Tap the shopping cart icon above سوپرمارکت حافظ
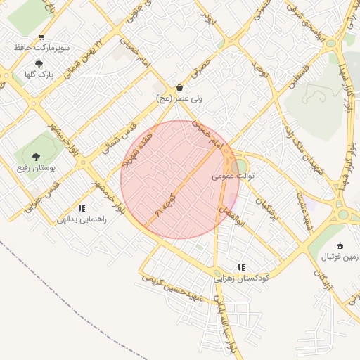tap(41, 37)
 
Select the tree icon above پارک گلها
tap(39, 64)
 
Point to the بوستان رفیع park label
tap(37, 169)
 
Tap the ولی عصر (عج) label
tap(181, 100)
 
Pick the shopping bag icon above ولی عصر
tap(181, 89)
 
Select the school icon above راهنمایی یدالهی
tap(82, 208)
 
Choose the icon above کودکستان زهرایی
tap(242, 267)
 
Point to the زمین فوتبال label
tap(340, 257)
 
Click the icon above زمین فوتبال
tap(340, 245)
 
